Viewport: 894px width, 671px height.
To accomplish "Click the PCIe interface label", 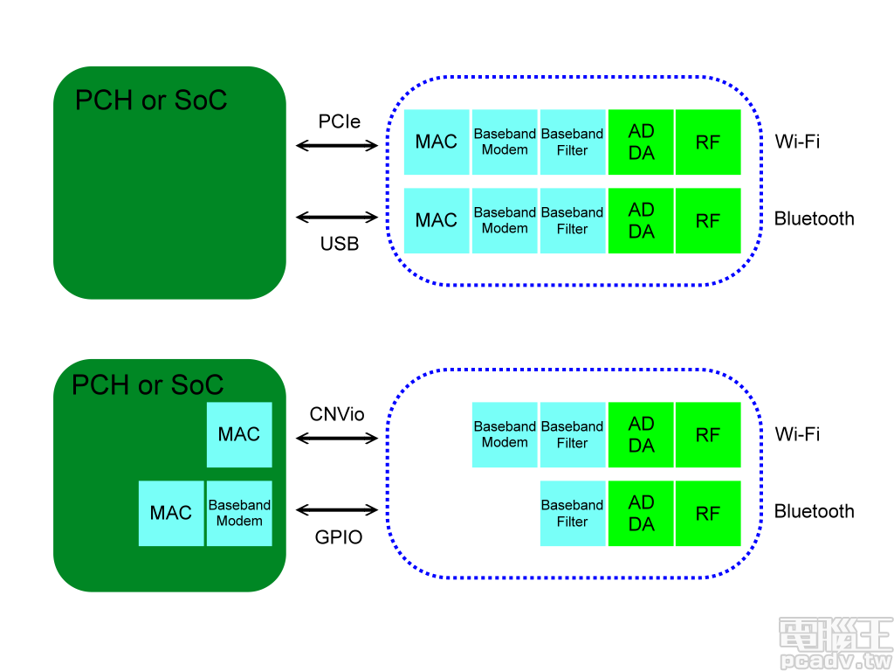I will pyautogui.click(x=340, y=122).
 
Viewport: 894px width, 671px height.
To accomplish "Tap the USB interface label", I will pyautogui.click(x=340, y=244).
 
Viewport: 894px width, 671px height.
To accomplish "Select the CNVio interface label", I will pyautogui.click(x=337, y=414).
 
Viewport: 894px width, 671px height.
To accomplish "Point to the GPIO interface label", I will pyautogui.click(x=339, y=537).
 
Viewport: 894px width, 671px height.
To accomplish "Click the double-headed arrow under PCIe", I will pyautogui.click(x=337, y=146).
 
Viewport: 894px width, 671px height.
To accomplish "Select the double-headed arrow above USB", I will pyautogui.click(x=337, y=217).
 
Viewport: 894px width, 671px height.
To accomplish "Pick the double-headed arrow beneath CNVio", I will pyautogui.click(x=337, y=439).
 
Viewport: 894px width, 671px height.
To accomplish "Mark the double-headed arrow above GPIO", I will pyautogui.click(x=337, y=509).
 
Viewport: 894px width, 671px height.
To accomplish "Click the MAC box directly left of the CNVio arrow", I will pyautogui.click(x=239, y=434).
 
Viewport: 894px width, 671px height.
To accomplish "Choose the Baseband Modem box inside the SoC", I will pyautogui.click(x=239, y=513).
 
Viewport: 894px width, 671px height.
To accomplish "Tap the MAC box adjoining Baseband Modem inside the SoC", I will pyautogui.click(x=171, y=513).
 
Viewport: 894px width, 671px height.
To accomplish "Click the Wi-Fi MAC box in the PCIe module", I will pyautogui.click(x=437, y=142).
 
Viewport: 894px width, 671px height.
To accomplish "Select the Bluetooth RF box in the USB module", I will pyautogui.click(x=708, y=221).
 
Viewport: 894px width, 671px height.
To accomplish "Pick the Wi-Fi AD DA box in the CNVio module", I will pyautogui.click(x=641, y=434).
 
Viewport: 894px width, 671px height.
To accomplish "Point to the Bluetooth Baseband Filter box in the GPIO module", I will pyautogui.click(x=573, y=513).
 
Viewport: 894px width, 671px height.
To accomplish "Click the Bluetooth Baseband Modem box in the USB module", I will pyautogui.click(x=505, y=220).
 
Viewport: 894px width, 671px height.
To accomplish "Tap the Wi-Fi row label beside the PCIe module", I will pyautogui.click(x=797, y=142).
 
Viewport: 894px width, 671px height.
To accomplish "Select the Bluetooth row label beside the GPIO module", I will pyautogui.click(x=814, y=511).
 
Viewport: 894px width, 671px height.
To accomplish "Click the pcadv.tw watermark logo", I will pyautogui.click(x=835, y=645).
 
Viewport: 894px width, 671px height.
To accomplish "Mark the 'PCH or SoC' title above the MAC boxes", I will pyautogui.click(x=148, y=384).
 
